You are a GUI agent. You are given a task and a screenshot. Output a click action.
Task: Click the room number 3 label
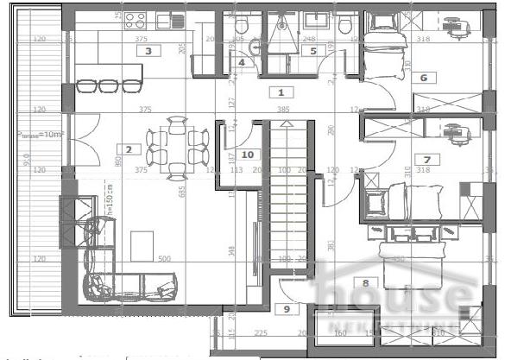[149, 51]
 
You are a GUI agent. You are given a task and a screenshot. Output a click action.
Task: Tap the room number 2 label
[128, 149]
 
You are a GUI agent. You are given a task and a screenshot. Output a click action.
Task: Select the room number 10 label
[247, 155]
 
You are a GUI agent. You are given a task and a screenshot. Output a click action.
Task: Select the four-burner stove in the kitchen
[136, 17]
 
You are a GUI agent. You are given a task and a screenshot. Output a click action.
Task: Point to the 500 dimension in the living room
[163, 258]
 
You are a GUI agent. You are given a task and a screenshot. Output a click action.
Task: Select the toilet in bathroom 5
[345, 27]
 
